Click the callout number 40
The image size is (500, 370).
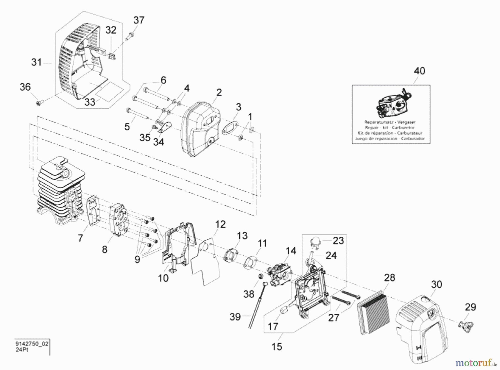419,71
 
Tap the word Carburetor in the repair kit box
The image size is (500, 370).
403,127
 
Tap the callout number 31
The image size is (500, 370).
36,62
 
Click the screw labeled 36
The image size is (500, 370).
39,103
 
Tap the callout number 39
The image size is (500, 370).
235,317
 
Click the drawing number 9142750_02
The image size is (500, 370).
32,344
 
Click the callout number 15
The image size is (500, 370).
277,346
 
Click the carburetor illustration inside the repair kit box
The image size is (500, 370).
392,105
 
